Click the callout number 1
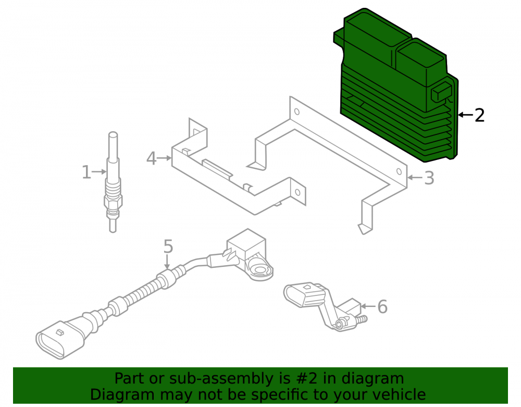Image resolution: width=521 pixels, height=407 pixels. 86,172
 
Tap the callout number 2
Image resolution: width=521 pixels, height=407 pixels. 479,115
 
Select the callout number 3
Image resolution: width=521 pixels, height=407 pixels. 429,178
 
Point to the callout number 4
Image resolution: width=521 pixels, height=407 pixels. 151,158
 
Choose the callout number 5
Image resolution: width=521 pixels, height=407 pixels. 168,247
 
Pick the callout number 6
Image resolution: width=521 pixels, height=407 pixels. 382,306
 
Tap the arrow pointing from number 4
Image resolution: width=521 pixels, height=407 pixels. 165,158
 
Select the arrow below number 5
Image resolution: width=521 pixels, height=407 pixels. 167,263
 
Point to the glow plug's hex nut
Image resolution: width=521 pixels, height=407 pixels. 113,201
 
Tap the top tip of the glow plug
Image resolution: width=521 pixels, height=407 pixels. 113,133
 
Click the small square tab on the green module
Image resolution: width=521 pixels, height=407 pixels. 441,92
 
